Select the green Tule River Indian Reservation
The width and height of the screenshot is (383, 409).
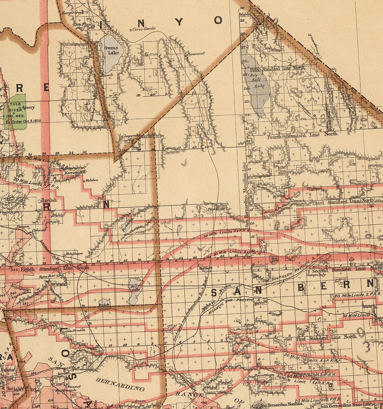click(x=15, y=112)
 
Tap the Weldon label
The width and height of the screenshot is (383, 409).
click(x=91, y=180)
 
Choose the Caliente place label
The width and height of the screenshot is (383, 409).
click(x=40, y=230)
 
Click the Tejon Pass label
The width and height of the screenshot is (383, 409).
click(x=45, y=277)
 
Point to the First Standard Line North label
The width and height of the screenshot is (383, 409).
click(x=326, y=337)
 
